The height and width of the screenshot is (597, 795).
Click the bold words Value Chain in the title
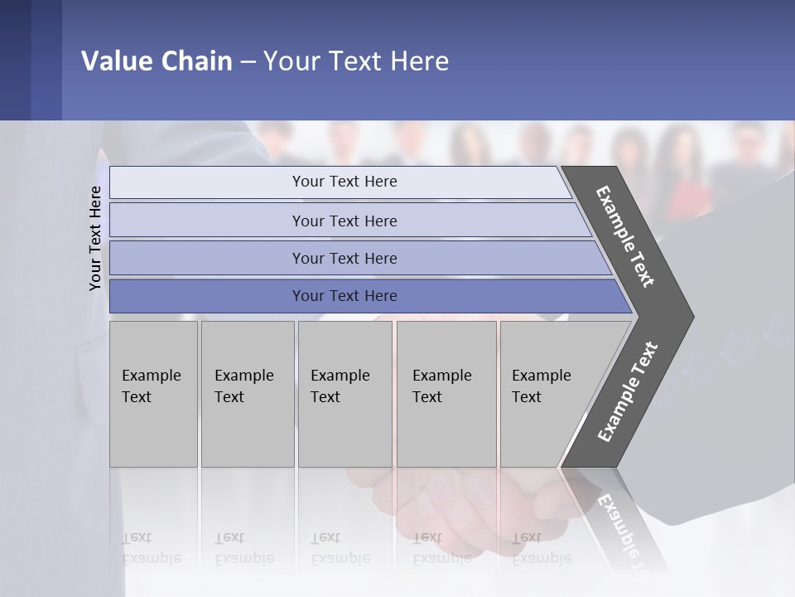click(x=157, y=61)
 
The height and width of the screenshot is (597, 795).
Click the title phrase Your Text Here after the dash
click(x=356, y=61)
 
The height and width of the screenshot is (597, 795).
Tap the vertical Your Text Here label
click(x=95, y=238)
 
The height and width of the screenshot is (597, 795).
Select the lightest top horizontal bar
click(x=344, y=182)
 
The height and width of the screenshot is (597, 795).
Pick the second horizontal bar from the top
click(x=344, y=221)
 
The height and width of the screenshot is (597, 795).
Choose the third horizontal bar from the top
click(x=344, y=258)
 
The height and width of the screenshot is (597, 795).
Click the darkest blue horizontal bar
click(x=344, y=296)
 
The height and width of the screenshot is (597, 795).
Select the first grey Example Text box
click(x=153, y=394)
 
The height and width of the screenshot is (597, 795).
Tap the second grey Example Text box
click(x=247, y=394)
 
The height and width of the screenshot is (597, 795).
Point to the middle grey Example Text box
click(x=344, y=394)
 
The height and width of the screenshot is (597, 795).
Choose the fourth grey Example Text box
click(x=446, y=394)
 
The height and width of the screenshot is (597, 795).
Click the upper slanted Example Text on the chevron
click(x=625, y=236)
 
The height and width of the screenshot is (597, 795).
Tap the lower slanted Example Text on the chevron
click(x=628, y=392)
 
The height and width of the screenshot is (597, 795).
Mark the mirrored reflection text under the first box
click(x=151, y=548)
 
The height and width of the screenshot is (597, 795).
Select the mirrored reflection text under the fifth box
click(x=541, y=548)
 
